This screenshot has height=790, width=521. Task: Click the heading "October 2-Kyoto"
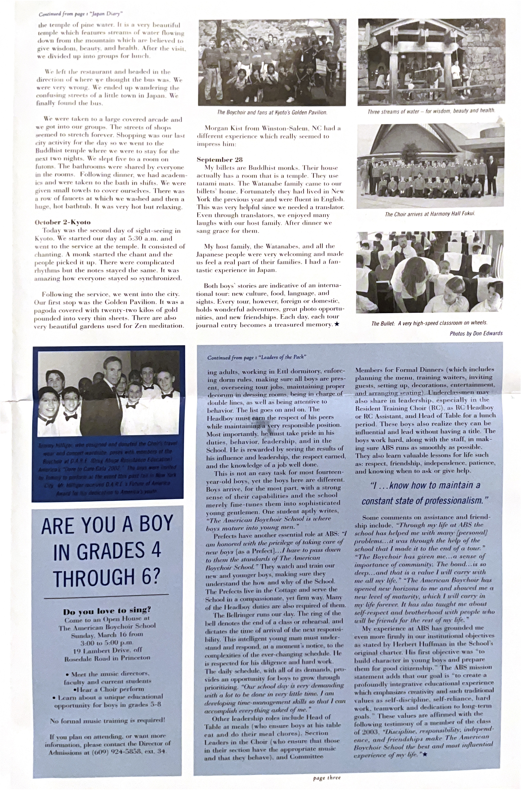pyautogui.click(x=63, y=222)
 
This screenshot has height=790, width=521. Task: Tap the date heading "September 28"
pyautogui.click(x=220, y=160)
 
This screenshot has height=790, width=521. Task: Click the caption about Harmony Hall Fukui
pyautogui.click(x=430, y=214)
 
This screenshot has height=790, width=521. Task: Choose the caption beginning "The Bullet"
pyautogui.click(x=429, y=323)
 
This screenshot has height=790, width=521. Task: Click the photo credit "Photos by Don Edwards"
pyautogui.click(x=476, y=333)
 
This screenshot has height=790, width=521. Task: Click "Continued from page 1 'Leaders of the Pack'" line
pyautogui.click(x=256, y=357)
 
